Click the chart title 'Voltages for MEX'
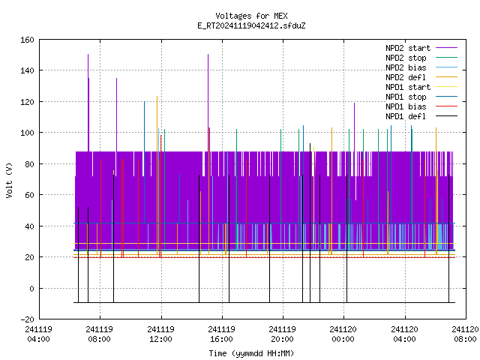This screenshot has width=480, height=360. click(x=251, y=16)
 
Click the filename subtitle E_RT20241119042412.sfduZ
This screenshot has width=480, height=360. click(x=251, y=25)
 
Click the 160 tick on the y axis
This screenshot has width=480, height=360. click(x=27, y=40)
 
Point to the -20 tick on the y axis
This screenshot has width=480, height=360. click(x=27, y=319)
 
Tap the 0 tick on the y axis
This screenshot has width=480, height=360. click(x=31, y=288)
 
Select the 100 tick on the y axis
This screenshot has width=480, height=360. click(x=27, y=133)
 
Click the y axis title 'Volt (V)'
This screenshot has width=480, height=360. click(x=9, y=180)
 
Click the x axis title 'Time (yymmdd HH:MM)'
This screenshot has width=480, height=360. click(x=251, y=353)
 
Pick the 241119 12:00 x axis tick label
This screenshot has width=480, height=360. click(x=160, y=334)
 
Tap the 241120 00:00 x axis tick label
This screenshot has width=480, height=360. click(x=343, y=334)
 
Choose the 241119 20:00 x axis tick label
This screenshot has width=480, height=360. click(x=282, y=334)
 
